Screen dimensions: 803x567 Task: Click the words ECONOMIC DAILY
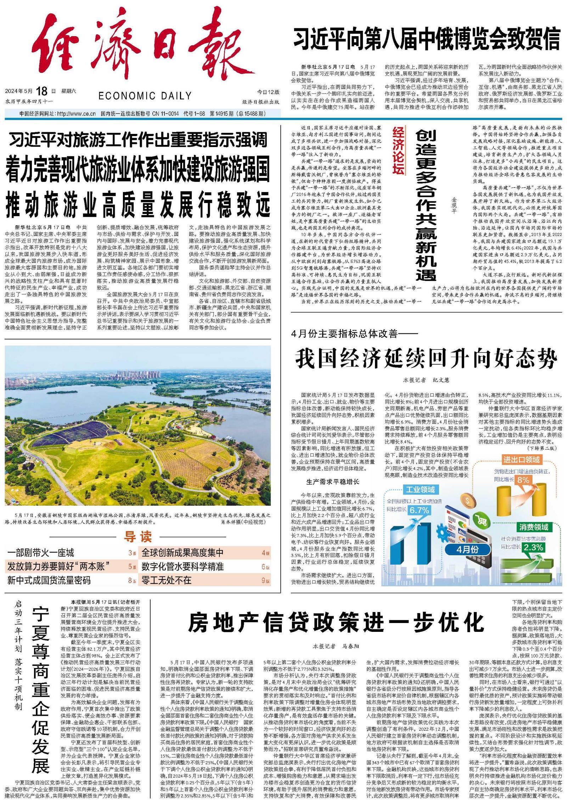click(145, 96)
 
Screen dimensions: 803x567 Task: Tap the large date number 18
click(41, 91)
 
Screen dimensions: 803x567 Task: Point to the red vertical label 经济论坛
click(398, 150)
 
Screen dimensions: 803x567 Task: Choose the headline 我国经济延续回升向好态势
click(426, 359)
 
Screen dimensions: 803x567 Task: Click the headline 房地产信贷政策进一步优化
click(336, 622)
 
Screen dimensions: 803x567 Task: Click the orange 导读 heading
click(137, 537)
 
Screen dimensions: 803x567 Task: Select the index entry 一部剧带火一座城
click(41, 552)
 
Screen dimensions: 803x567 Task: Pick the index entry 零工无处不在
click(166, 580)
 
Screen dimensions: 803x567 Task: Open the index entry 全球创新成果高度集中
click(183, 552)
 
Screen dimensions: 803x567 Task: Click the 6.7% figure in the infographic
click(419, 511)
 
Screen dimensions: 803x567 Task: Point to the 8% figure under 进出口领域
click(523, 480)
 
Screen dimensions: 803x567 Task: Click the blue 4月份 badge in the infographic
click(467, 550)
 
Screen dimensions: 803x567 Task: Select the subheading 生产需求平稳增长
click(333, 482)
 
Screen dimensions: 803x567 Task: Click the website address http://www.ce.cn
click(76, 114)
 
